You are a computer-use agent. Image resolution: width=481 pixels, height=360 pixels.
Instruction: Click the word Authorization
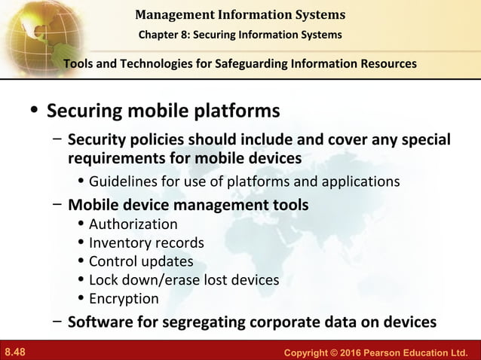pyautogui.click(x=133, y=224)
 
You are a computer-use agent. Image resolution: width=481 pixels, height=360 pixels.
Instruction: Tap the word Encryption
pyautogui.click(x=124, y=298)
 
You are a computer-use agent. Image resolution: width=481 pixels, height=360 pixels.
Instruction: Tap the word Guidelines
pyautogui.click(x=124, y=182)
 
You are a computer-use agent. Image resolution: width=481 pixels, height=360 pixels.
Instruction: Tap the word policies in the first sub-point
pyautogui.click(x=158, y=141)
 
